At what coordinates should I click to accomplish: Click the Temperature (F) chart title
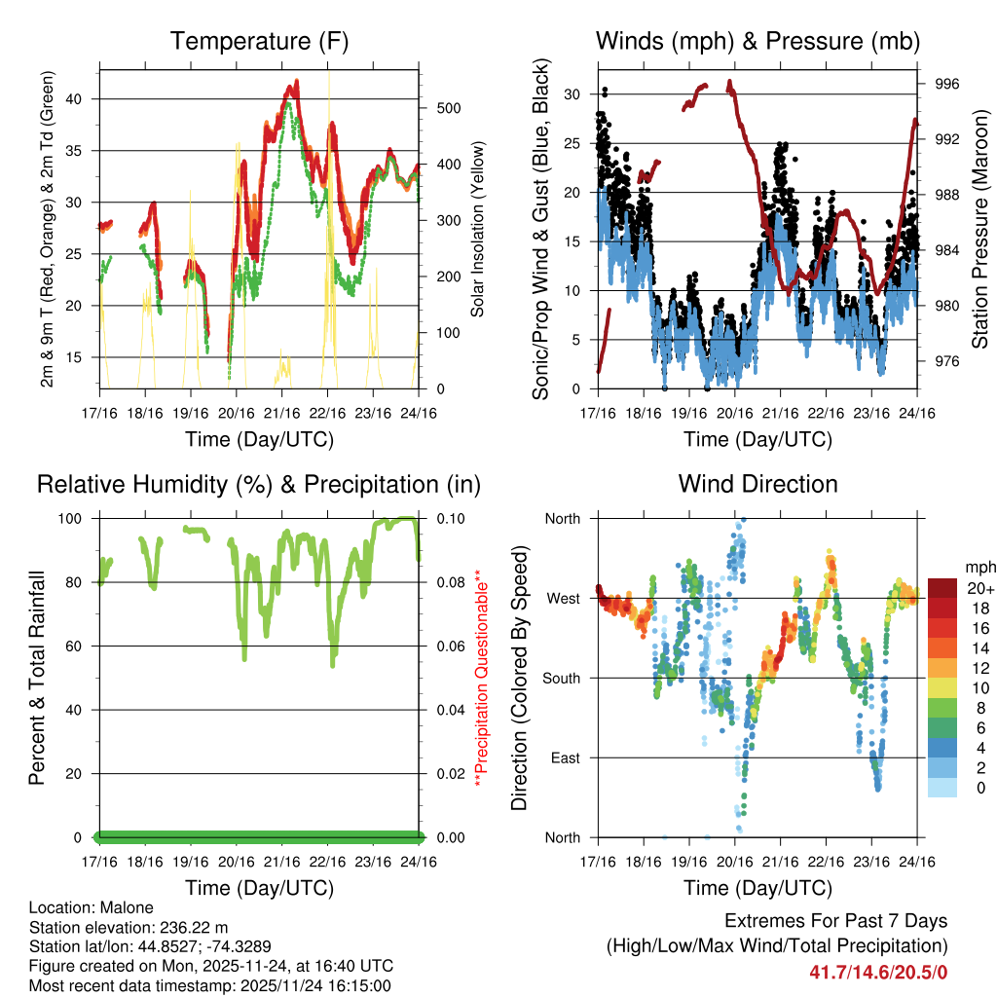click(x=259, y=41)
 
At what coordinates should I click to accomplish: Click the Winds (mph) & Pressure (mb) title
click(x=757, y=41)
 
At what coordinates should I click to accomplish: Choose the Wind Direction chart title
click(x=757, y=484)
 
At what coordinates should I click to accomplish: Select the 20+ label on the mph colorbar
click(x=979, y=588)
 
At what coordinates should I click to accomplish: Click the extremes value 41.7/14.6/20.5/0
click(x=878, y=972)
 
